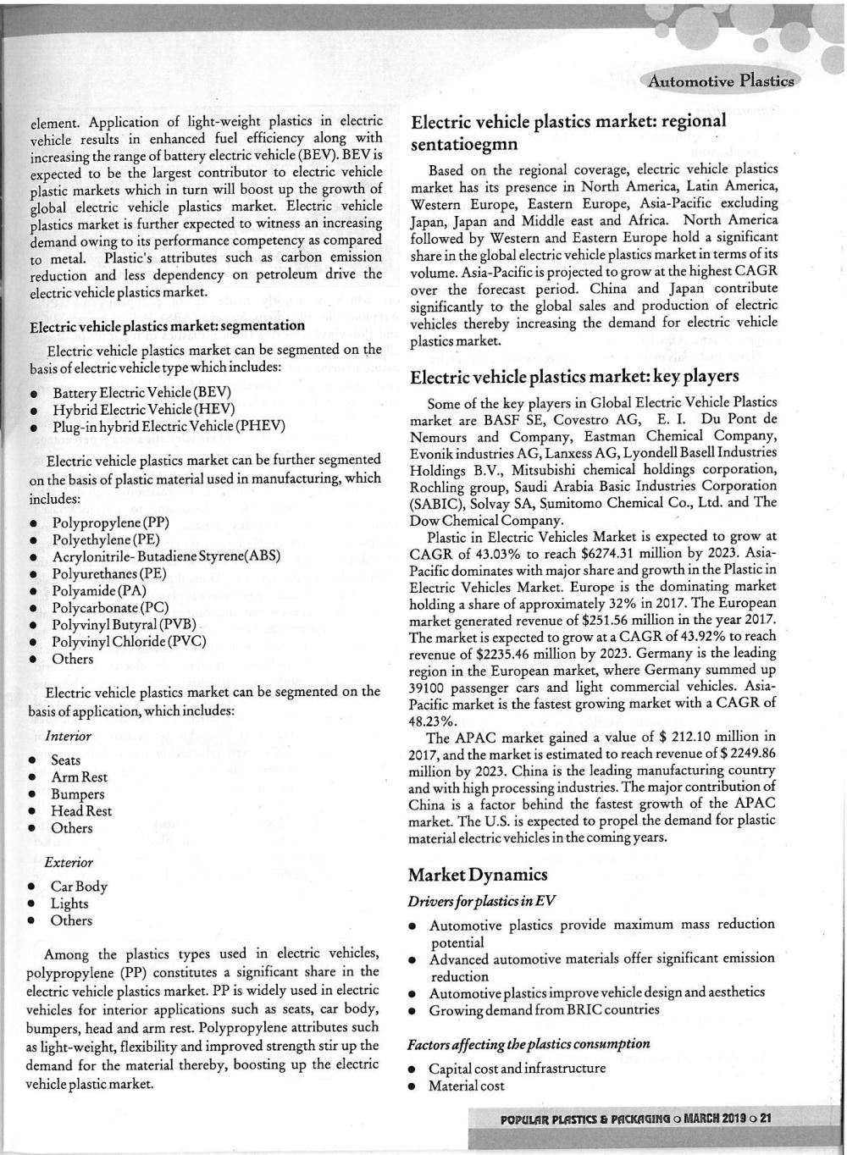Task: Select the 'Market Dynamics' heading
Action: click(478, 874)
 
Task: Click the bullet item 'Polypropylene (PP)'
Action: click(111, 522)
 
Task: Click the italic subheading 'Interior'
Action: click(69, 736)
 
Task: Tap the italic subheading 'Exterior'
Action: click(69, 862)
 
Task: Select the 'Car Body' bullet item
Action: click(79, 887)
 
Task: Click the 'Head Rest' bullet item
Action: click(81, 811)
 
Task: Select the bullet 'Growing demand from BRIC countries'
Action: click(544, 1009)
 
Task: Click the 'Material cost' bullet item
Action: click(466, 1086)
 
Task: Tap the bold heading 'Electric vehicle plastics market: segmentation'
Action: click(167, 326)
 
